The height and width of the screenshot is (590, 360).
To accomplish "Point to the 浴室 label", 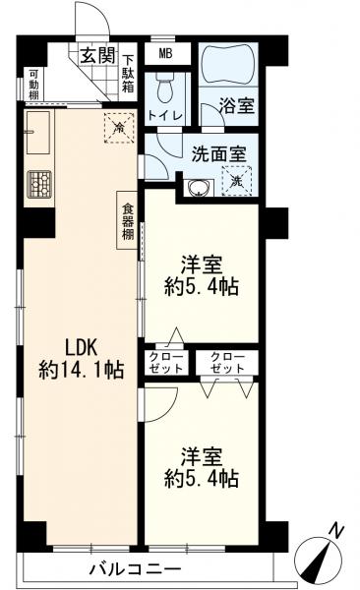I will point(237,105).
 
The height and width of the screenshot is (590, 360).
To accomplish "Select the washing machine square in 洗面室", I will point(236,181).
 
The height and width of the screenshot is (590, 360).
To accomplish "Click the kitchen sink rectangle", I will point(38,133).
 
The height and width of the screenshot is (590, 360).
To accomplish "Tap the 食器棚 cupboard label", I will point(128,221).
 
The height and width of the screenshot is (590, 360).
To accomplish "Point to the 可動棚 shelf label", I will point(33,84).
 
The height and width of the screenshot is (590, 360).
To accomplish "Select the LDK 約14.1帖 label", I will point(81,360).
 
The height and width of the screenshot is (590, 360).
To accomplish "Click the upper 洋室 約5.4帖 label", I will point(201,276).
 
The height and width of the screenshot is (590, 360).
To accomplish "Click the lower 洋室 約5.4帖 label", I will point(201,467).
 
